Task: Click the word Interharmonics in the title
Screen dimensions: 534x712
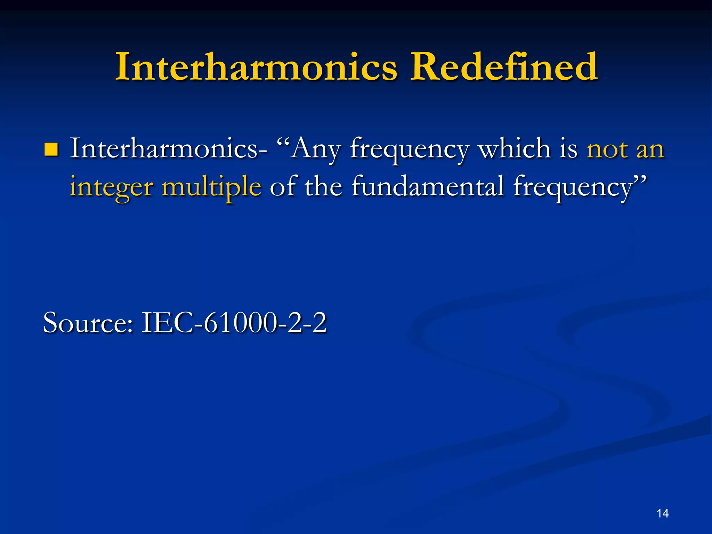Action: click(256, 67)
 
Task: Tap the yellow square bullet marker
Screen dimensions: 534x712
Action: click(51, 150)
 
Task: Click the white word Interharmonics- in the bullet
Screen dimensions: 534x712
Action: click(169, 149)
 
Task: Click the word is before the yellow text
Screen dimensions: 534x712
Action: click(568, 149)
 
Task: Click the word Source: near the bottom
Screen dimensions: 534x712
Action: click(88, 323)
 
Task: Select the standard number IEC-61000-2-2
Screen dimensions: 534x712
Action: click(234, 323)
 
